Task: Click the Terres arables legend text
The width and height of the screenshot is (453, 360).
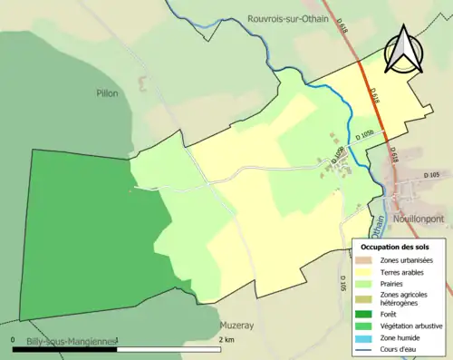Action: tap(404, 271)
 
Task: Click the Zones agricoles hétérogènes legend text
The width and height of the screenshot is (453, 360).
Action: tap(405, 297)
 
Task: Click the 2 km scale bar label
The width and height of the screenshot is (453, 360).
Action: tap(226, 340)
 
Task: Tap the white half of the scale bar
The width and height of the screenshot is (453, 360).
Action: tap(169, 347)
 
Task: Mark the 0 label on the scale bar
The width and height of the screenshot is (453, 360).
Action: tap(14, 340)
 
